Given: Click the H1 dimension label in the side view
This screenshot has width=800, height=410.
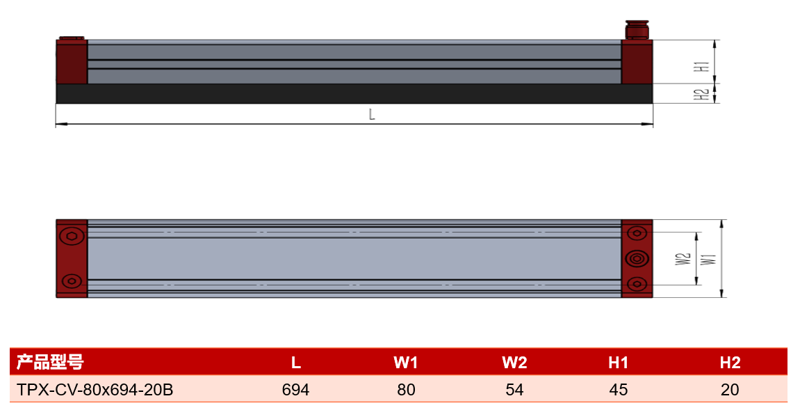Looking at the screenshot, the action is [x=704, y=66].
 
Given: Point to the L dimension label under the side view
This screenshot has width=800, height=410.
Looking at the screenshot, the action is [x=372, y=115].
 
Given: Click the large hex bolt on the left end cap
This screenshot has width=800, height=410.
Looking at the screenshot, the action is [x=72, y=236].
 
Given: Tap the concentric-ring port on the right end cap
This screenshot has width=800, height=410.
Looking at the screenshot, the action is [x=637, y=259].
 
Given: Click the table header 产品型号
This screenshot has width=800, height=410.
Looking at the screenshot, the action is [x=50, y=362].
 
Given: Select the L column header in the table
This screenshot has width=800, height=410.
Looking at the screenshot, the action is [x=296, y=363].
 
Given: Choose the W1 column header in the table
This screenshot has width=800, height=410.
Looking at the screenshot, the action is [x=406, y=363].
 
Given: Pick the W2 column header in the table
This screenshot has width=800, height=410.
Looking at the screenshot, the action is [x=514, y=363].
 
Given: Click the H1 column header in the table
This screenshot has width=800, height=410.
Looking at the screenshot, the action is [x=618, y=363].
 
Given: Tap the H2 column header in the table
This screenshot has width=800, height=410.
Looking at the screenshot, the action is [x=730, y=363].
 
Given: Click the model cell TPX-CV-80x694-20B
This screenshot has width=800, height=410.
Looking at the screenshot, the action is [x=95, y=390].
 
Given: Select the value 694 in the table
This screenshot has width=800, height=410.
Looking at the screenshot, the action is [x=296, y=390].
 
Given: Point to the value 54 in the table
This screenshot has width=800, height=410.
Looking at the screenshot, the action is [x=514, y=390].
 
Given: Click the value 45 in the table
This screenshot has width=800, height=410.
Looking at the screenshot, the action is [x=619, y=390].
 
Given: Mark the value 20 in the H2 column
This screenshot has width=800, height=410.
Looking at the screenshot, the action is [x=730, y=390].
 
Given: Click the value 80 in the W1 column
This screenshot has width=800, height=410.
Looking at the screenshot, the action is [x=406, y=390].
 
